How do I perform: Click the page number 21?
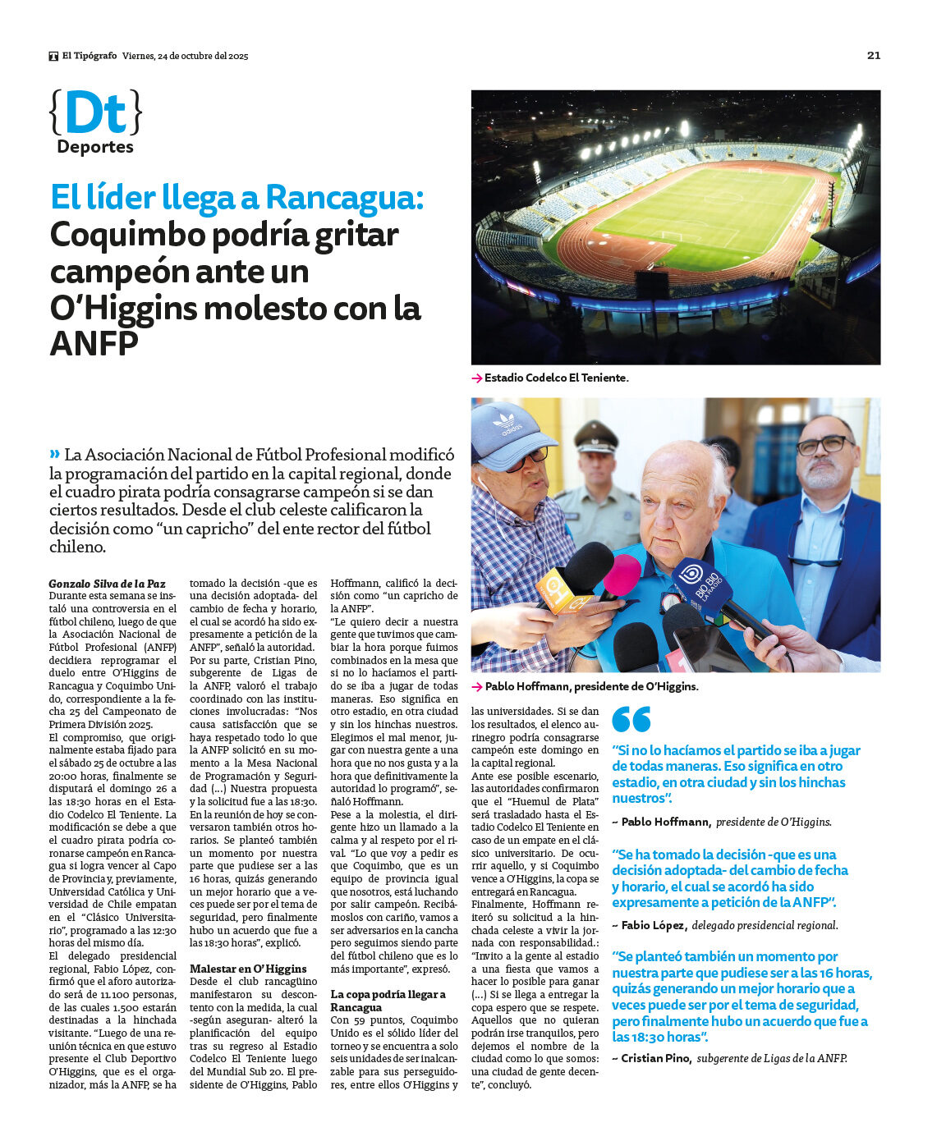(x=873, y=55)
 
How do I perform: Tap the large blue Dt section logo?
(x=95, y=113)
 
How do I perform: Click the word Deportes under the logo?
(x=95, y=147)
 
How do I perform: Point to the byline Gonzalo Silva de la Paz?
(x=107, y=584)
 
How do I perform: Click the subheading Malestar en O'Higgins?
(x=248, y=969)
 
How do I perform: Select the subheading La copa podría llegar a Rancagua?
(x=388, y=1001)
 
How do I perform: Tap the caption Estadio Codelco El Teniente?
(x=556, y=378)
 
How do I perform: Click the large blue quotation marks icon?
(x=631, y=719)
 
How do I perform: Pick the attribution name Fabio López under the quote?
(x=653, y=925)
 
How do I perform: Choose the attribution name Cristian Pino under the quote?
(x=656, y=1058)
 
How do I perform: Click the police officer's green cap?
(x=595, y=437)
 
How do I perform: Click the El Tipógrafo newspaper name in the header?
(x=90, y=56)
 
